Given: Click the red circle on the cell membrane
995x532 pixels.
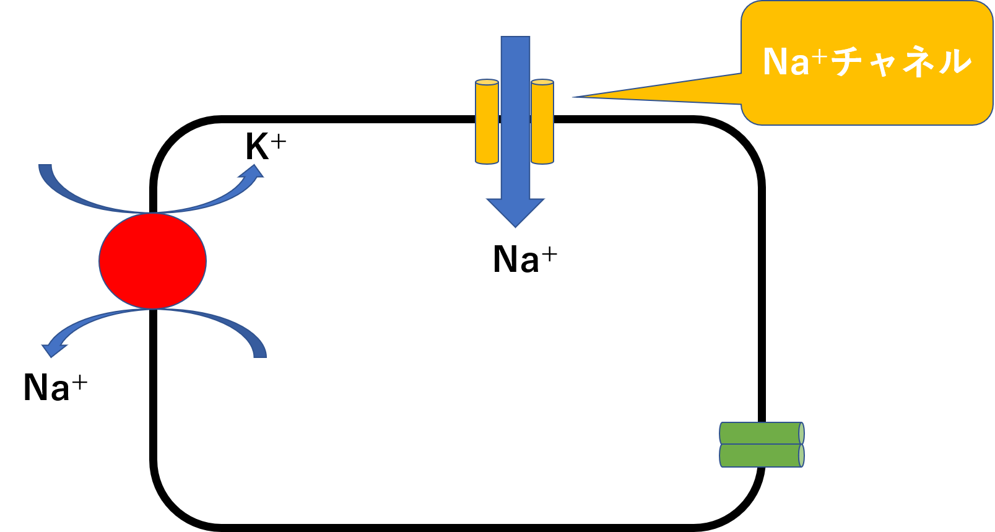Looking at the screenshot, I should click(x=152, y=261).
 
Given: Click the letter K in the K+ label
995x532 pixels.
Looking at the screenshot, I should click(x=257, y=147).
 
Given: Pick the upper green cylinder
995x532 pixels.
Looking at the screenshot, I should click(x=761, y=433).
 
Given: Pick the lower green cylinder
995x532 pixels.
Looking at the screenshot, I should click(x=761, y=456).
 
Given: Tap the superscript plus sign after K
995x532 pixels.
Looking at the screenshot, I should click(x=279, y=141).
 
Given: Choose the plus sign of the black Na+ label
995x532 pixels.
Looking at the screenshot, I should click(x=549, y=253).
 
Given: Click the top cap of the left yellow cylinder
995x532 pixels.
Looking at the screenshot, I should click(x=487, y=82).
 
